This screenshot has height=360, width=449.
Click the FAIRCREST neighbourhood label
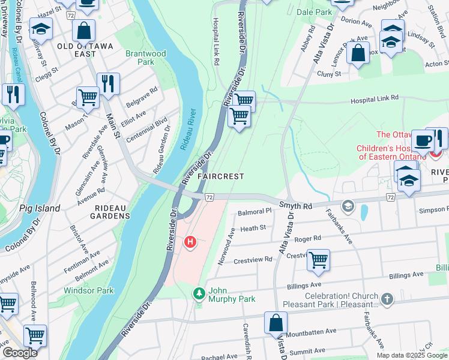(x=221, y=176)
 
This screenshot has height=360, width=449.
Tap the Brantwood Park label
(x=145, y=58)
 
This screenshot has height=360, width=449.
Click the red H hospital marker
(x=190, y=242)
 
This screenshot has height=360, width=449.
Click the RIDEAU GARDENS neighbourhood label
(x=101, y=212)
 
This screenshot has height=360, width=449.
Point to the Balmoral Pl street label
(x=255, y=212)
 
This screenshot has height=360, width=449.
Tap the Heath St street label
(x=253, y=228)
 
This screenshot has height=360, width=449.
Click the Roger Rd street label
(x=308, y=238)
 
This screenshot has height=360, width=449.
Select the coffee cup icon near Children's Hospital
(x=423, y=140)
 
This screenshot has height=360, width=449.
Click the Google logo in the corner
(x=20, y=353)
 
